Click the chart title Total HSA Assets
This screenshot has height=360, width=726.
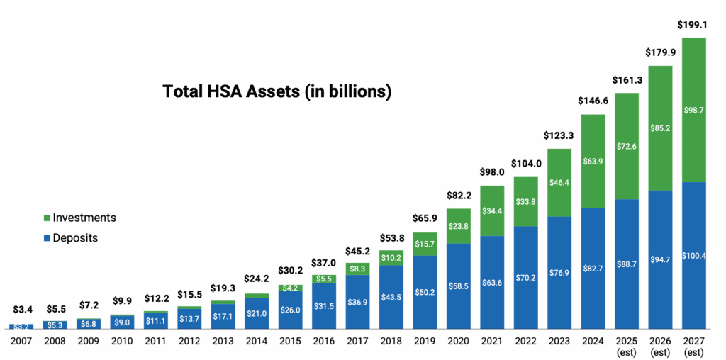pos(277,91)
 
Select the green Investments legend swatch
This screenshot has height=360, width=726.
pos(47,218)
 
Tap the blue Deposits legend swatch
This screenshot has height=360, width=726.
pos(47,239)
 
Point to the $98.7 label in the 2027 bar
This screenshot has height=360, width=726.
pos(694,110)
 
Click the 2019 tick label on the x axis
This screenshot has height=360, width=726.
pos(425,341)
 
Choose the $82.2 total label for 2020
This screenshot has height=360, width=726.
pos(459,194)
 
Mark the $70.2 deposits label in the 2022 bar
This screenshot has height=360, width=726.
pos(526,278)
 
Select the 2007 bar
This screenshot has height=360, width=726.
pos(21,326)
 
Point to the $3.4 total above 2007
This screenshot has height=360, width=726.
pos(21,310)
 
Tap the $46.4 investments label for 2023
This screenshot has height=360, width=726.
pos(559,182)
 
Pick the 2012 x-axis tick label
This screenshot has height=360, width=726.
pos(189,341)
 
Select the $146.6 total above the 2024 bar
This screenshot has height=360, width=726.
pos(593,101)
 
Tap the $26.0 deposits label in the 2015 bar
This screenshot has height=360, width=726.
pos(290,310)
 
